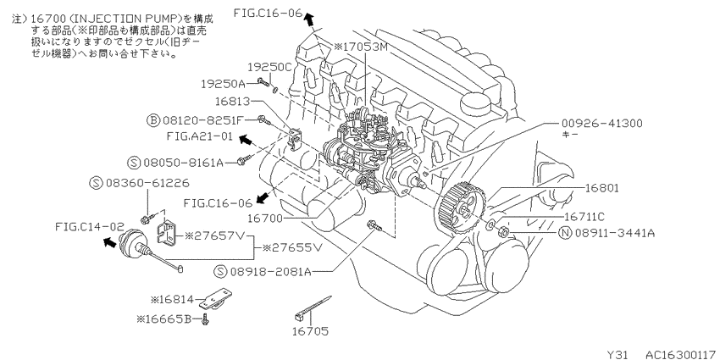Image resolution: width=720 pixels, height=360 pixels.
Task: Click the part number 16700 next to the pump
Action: [266, 218]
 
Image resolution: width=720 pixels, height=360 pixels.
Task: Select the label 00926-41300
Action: [602, 124]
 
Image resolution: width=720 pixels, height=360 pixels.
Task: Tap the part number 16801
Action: [602, 188]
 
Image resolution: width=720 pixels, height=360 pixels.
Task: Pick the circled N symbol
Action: [565, 233]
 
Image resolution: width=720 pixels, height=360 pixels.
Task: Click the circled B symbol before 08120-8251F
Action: [152, 120]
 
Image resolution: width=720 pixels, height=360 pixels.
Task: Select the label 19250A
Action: [222, 84]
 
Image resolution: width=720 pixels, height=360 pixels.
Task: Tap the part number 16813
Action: [232, 101]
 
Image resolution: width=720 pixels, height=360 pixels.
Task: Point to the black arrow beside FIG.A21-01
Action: [247, 138]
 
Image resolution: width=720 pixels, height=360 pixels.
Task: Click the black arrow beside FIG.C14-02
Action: [109, 242]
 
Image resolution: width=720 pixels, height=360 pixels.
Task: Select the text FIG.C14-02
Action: [90, 226]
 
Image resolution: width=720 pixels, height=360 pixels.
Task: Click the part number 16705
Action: [311, 331]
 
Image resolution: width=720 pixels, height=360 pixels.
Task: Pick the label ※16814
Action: [172, 300]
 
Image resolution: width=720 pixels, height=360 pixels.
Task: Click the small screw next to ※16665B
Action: [205, 318]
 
